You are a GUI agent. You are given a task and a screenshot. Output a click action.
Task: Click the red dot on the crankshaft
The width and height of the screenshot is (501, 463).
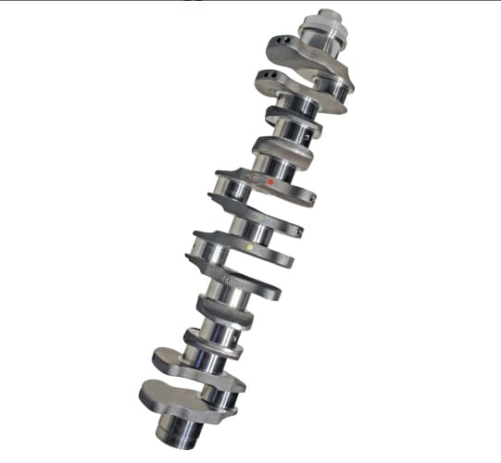(270, 182)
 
